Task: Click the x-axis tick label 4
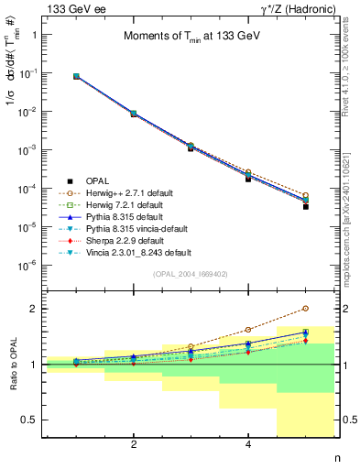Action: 248,444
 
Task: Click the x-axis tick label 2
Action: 134,444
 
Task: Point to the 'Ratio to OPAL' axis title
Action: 13,365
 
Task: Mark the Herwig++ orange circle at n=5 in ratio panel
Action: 305,309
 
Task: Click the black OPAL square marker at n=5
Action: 305,207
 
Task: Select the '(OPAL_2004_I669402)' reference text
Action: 190,273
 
